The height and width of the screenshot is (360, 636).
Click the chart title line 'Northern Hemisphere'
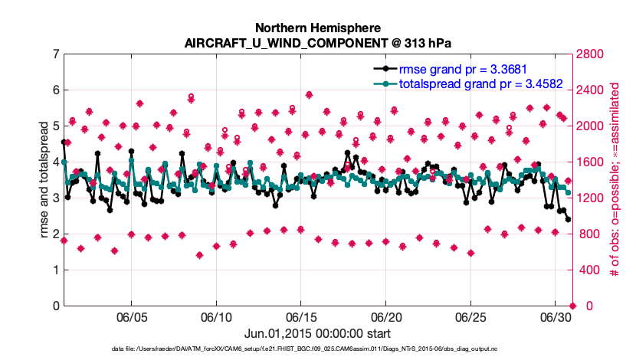coord(317,25)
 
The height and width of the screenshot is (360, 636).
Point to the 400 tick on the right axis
coord(588,270)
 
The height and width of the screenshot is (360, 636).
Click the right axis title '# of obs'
coord(613,180)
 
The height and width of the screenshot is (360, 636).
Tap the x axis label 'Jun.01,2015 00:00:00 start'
coord(317,333)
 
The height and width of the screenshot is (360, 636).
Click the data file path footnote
coord(317,349)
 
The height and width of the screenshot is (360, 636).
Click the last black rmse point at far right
coord(568,219)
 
